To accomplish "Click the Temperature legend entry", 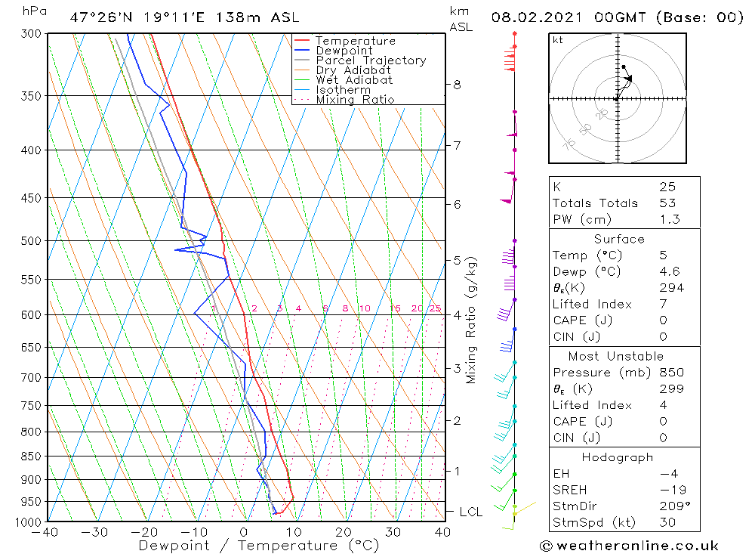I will [x=355, y=41].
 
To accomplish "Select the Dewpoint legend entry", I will [x=344, y=51].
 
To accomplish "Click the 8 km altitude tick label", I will [x=457, y=85].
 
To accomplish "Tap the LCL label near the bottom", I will [x=470, y=512].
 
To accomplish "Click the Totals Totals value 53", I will [x=667, y=203].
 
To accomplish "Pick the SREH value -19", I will [x=668, y=490].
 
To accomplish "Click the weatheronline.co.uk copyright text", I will [x=629, y=545].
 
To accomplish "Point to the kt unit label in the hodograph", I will [x=558, y=40].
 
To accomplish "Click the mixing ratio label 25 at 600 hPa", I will [x=435, y=308].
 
